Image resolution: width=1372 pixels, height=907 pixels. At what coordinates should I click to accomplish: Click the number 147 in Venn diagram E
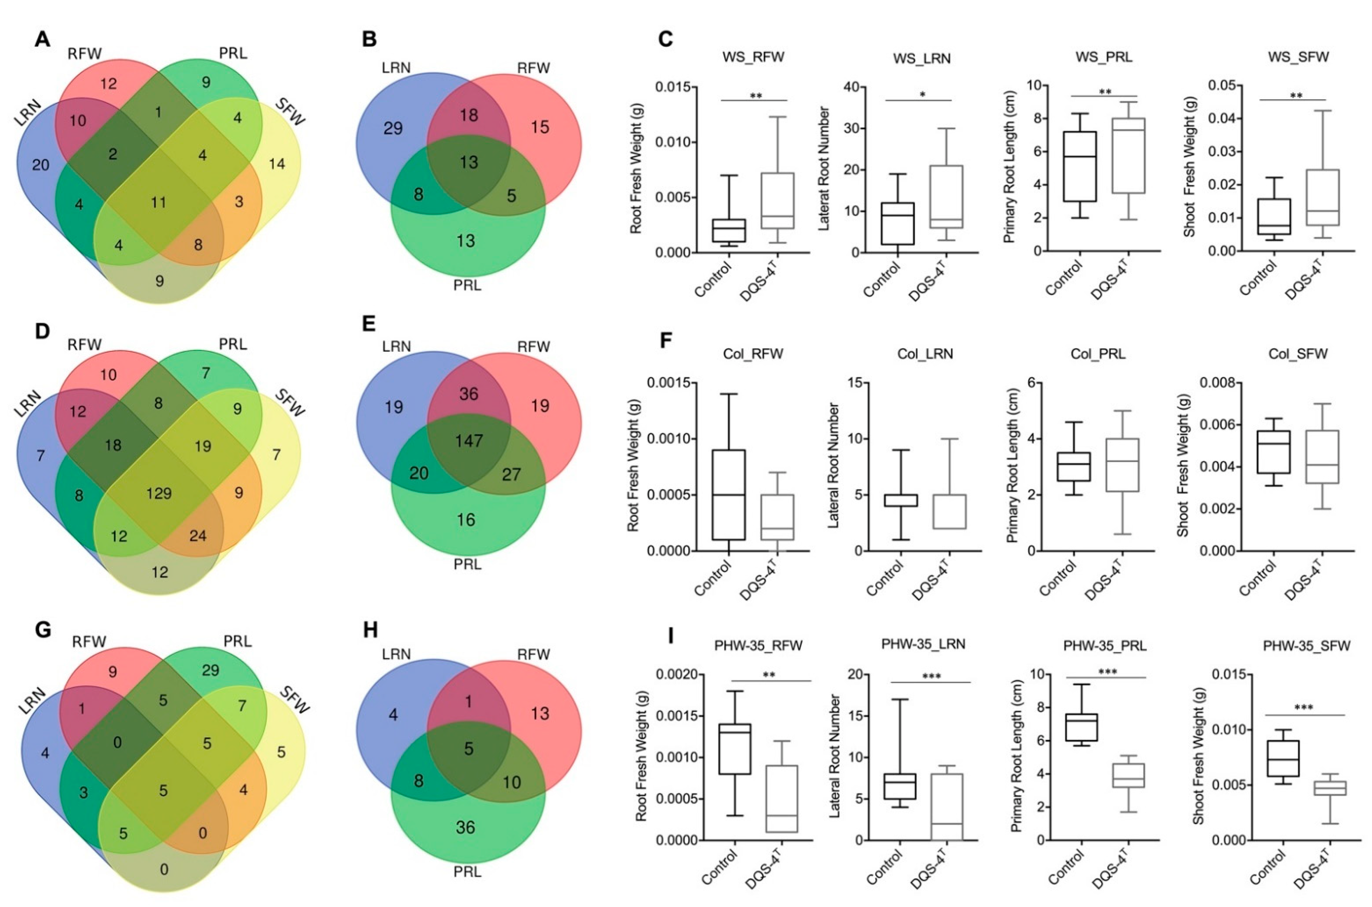(468, 441)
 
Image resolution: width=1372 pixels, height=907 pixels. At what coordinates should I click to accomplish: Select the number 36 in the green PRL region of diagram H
(465, 828)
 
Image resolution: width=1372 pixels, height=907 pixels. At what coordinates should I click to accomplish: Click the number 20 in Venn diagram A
(41, 166)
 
